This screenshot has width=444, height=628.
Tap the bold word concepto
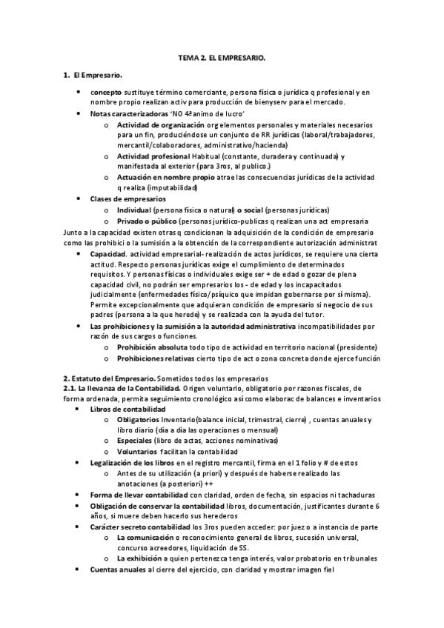coord(108,92)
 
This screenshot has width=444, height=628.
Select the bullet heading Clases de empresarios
coord(127,198)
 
